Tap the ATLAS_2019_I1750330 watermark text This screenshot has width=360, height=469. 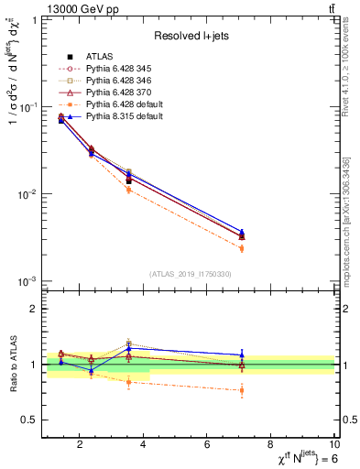[x=190, y=274]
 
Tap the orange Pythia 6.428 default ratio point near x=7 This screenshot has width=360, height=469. [x=242, y=390]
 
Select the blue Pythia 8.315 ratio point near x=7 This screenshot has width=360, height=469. [x=242, y=354]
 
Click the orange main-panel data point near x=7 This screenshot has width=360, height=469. [x=242, y=248]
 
